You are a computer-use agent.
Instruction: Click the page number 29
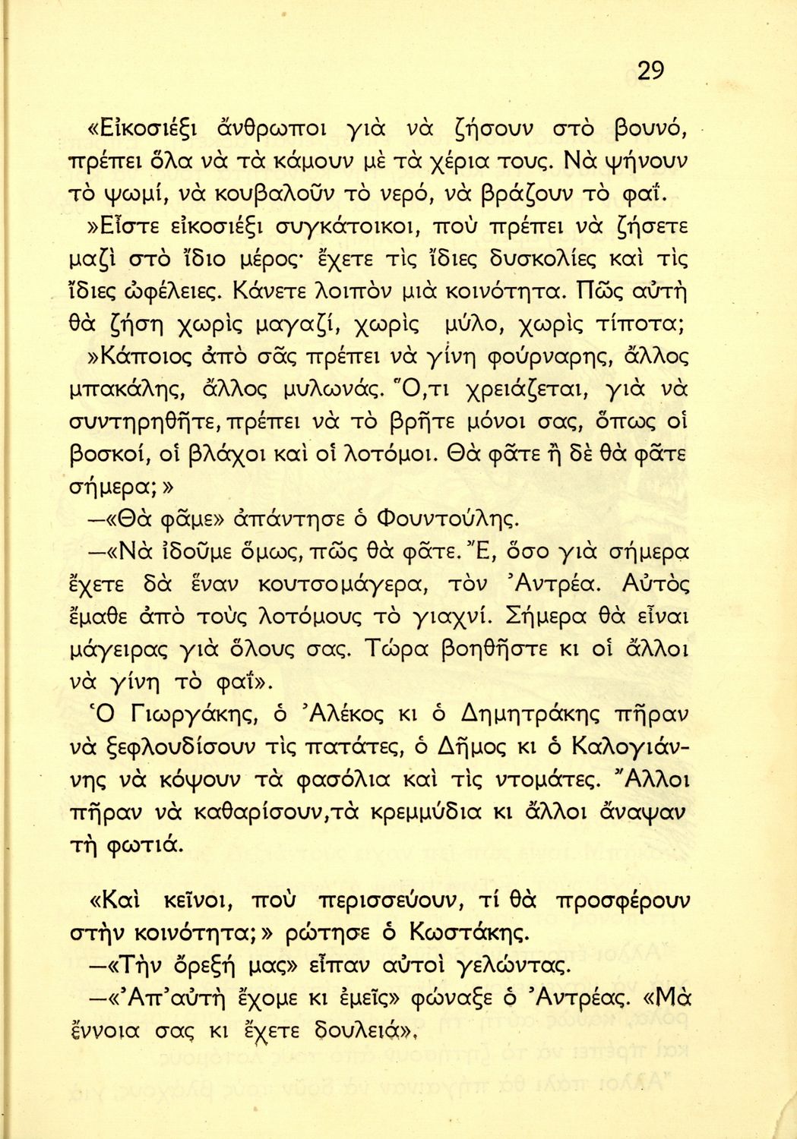[x=650, y=71]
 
